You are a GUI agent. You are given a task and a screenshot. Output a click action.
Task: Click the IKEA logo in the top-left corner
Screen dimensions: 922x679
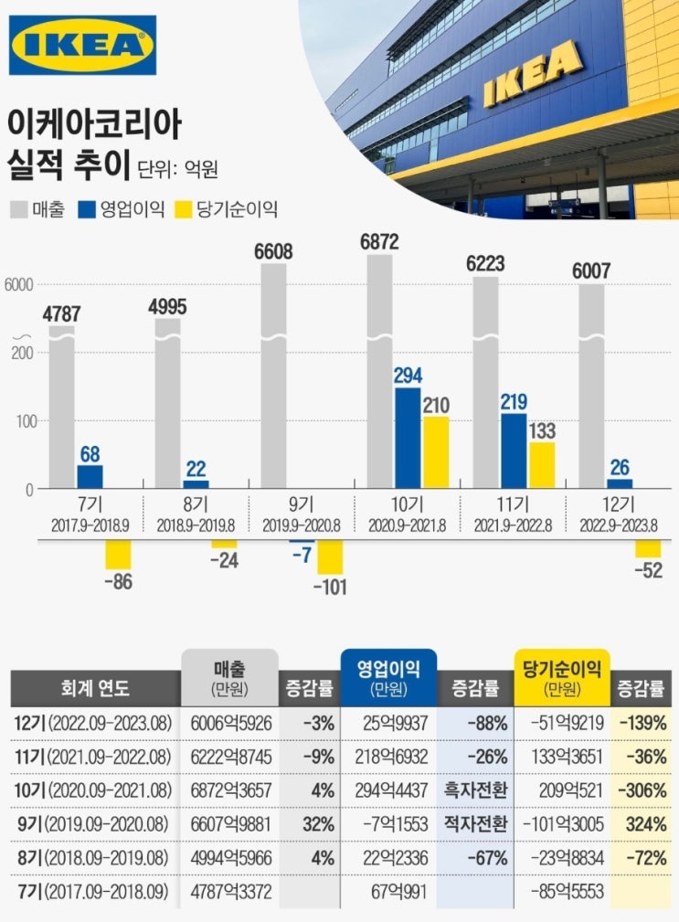click(x=82, y=45)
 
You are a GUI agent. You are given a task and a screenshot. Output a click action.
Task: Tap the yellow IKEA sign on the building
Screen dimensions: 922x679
click(x=532, y=73)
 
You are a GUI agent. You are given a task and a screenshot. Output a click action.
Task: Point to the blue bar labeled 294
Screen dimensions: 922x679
click(x=408, y=439)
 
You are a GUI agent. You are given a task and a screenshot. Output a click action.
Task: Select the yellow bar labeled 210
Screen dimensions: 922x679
click(x=436, y=452)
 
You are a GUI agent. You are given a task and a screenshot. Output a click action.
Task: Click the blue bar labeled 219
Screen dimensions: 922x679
click(x=514, y=451)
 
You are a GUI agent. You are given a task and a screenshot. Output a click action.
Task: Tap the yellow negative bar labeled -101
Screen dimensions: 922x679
click(x=330, y=557)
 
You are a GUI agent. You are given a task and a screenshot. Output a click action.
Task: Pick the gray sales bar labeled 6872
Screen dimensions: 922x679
click(x=379, y=366)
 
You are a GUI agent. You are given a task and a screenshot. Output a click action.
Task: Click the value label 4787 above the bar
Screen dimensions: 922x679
click(x=62, y=315)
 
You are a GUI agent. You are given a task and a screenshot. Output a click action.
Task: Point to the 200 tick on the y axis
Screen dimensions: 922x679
click(x=23, y=353)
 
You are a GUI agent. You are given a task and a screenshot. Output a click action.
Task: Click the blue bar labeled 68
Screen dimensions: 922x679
click(x=90, y=476)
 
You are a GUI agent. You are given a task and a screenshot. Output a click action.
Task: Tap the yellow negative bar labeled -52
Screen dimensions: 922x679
click(x=648, y=549)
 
